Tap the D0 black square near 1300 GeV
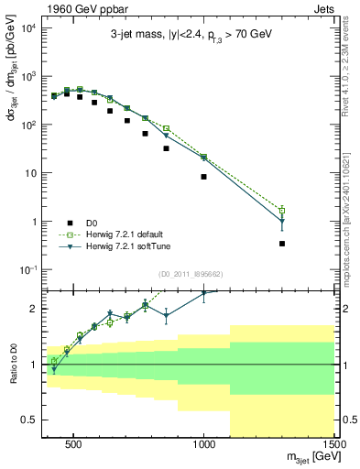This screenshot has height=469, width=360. click(x=282, y=244)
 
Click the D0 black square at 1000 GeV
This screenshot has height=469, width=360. click(x=203, y=177)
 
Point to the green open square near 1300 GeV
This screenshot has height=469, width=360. click(x=282, y=211)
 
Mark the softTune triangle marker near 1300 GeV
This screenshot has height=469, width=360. click(x=282, y=223)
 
